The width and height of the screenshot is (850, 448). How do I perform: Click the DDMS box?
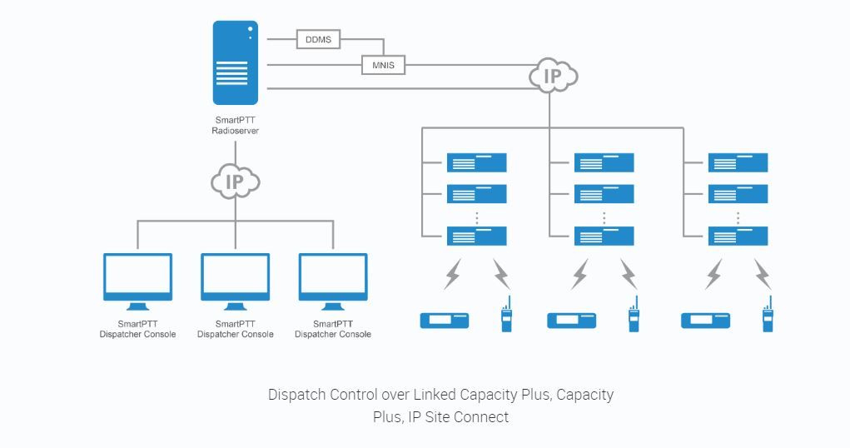coord(318,38)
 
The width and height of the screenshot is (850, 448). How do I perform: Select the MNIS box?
coord(384,64)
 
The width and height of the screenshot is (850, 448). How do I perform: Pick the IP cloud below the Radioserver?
coord(236,182)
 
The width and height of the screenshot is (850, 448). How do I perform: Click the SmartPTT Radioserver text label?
coord(235,126)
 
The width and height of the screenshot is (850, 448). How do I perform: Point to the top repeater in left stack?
coord(477,162)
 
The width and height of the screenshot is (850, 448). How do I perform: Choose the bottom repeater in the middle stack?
coord(604,236)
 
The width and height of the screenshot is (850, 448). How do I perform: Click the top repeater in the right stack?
coord(738,162)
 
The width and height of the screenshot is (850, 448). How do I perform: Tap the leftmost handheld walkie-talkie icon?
coord(505,316)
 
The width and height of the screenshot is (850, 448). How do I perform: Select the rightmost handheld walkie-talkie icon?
coord(768,316)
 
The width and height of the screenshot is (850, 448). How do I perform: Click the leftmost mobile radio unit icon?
coord(445,321)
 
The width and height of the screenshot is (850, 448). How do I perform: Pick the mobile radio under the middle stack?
coord(572,321)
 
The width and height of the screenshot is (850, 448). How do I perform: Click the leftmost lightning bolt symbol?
coord(453,274)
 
